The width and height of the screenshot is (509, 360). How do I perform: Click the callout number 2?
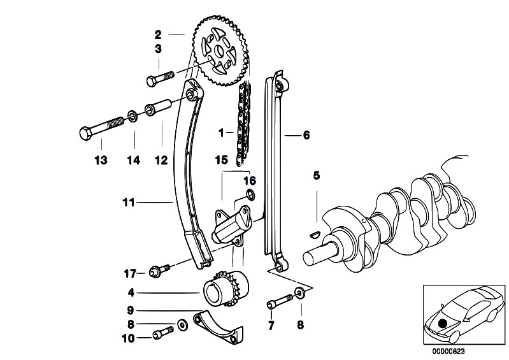tap(157, 33)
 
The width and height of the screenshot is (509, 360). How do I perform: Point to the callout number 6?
tap(306, 135)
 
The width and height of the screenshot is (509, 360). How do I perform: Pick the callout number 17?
tap(129, 274)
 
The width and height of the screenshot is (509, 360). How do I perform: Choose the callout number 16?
tap(250, 180)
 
